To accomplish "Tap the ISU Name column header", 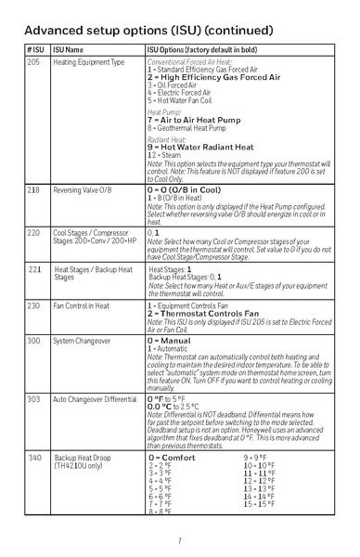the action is [x=68, y=48].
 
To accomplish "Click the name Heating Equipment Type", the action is [x=88, y=62].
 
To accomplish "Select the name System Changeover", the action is [x=81, y=341].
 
